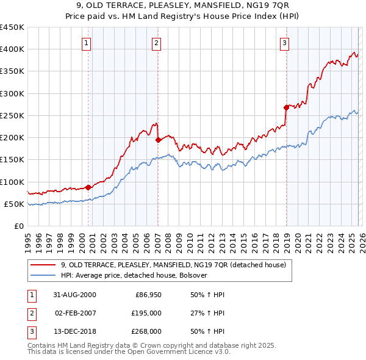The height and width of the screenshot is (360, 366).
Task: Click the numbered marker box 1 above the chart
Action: point(87,43)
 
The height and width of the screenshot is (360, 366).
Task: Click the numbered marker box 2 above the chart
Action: point(157,43)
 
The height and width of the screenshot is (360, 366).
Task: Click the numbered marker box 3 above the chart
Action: point(284,43)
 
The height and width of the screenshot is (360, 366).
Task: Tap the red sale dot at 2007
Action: point(158,140)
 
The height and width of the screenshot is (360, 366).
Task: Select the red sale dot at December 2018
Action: point(286,107)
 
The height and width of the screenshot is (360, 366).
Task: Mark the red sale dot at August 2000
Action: point(88,187)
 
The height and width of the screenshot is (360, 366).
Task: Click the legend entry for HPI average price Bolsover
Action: point(134,275)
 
